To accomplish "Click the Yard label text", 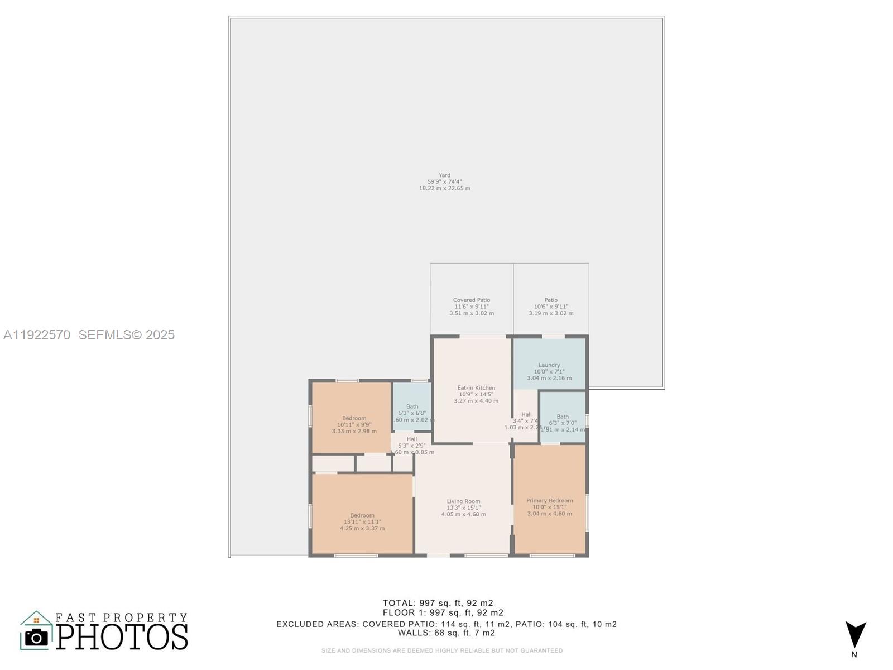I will coord(444,175).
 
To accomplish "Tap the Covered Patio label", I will coord(472,300).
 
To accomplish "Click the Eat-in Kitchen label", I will coord(476,388).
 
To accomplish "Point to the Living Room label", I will coord(463,501).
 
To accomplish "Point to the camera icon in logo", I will coord(37,637).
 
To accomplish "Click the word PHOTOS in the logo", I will coord(122,636).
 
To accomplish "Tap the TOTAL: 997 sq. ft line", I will coord(438,603).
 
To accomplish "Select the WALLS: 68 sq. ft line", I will coord(446,633).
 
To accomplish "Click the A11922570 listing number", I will coord(37,335).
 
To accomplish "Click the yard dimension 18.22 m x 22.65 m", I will coord(444,189).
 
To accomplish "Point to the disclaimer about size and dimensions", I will coord(442,650).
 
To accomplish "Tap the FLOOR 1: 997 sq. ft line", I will coord(443,613).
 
